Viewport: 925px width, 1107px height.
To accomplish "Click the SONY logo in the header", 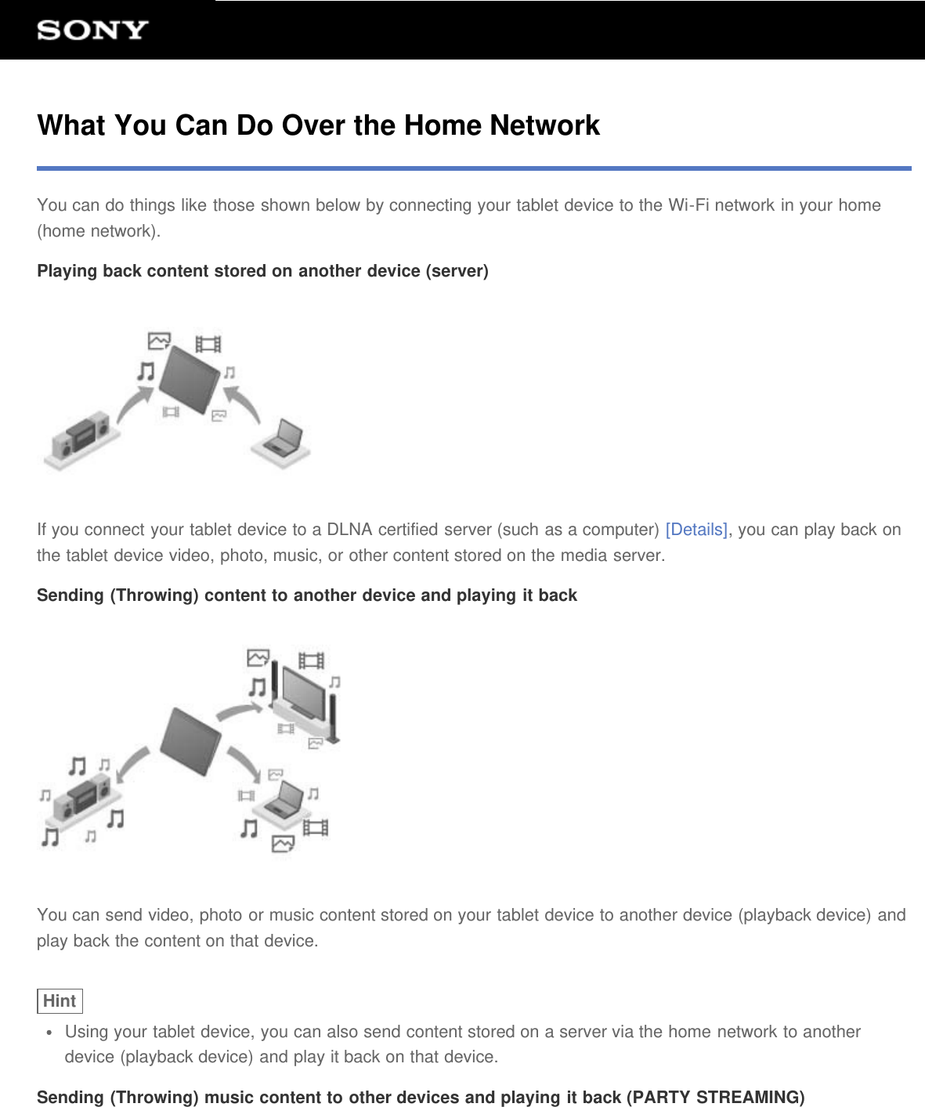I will click(92, 31).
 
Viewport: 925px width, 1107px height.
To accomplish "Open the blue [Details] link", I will click(696, 530).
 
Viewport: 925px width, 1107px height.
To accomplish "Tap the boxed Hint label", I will click(60, 1001).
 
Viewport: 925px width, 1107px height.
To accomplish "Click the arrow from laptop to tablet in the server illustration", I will click(250, 407).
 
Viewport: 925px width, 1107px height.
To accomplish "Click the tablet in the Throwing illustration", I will click(190, 740).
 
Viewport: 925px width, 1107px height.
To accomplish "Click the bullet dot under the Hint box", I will click(50, 1033).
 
